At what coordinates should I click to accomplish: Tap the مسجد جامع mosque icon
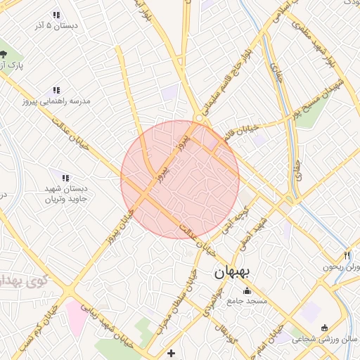click(246, 291)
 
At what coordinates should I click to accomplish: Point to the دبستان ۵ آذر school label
click(56, 25)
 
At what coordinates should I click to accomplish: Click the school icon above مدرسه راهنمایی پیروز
click(56, 90)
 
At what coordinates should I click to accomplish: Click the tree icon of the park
click(4, 54)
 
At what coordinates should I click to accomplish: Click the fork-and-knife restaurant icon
click(347, 255)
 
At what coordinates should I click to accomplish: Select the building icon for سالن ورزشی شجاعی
click(324, 327)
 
